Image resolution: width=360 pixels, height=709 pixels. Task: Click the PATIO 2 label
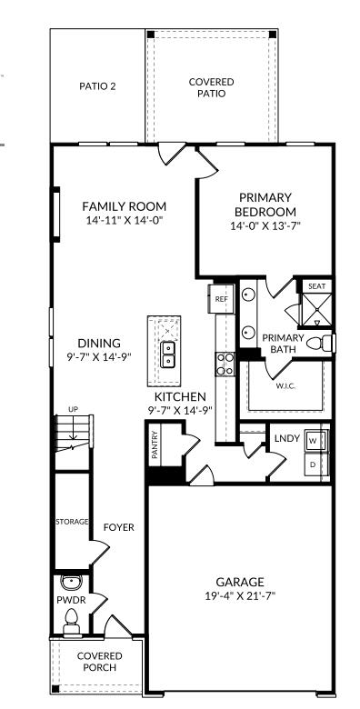click(97, 87)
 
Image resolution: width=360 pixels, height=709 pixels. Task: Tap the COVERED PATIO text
click(211, 87)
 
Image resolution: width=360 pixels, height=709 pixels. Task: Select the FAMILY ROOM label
click(124, 206)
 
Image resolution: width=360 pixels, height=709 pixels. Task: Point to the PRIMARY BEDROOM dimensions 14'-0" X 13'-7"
click(265, 226)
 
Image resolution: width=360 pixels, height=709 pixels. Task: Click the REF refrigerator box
click(221, 297)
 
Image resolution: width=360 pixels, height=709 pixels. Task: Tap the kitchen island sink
click(167, 354)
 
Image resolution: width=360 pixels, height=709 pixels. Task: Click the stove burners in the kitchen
click(225, 364)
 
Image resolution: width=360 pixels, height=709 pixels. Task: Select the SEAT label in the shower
click(315, 286)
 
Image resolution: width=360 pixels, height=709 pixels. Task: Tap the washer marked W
click(313, 441)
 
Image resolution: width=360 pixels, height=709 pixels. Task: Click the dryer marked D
click(313, 464)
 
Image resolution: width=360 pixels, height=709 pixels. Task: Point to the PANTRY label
click(155, 444)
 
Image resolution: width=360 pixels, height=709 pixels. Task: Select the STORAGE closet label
click(72, 522)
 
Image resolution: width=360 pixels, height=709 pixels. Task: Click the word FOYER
click(118, 527)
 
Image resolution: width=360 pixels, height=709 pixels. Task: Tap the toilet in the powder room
click(71, 618)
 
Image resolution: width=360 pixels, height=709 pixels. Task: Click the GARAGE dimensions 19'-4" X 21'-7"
click(239, 596)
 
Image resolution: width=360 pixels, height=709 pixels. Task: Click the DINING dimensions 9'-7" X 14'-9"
click(98, 357)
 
